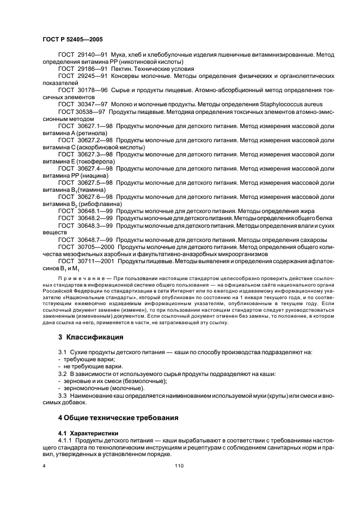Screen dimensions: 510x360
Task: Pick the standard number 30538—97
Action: (92, 111)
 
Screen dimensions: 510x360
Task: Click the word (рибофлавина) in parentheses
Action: (91, 204)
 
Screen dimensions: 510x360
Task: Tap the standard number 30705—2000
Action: (95, 246)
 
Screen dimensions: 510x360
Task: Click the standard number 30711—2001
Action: (95, 260)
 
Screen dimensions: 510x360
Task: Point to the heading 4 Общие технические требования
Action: (118, 418)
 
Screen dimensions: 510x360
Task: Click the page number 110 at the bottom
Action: (180, 466)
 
